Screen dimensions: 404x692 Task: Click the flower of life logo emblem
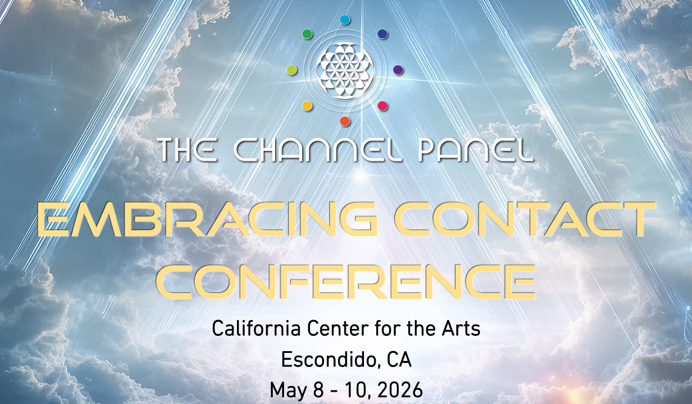coord(345,70)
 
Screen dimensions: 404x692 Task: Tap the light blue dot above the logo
coord(345,19)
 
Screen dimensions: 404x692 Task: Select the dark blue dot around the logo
coord(382,34)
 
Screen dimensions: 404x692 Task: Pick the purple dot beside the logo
coord(398,70)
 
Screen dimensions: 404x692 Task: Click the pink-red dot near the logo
coord(382,106)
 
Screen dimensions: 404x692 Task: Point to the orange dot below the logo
coord(345,121)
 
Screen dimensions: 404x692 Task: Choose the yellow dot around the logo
coord(307,106)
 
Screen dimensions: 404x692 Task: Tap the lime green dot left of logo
coord(292,70)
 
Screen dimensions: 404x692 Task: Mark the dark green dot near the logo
coord(307,34)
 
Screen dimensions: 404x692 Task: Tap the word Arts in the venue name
coord(463,329)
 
